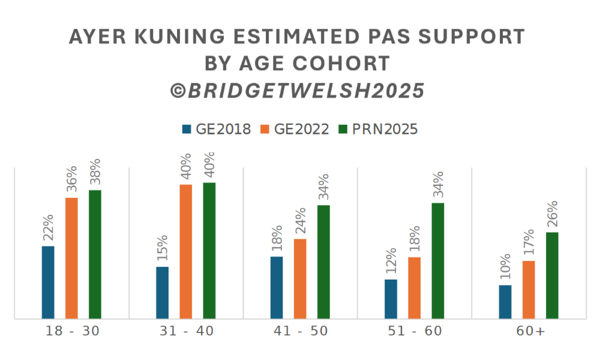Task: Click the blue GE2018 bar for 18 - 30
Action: pos(48,282)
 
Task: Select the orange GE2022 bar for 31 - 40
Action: pos(186,251)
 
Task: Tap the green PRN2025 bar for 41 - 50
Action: pos(323,262)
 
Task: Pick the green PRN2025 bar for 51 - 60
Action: pos(438,260)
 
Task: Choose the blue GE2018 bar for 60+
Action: pos(505,302)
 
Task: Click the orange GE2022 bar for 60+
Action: pos(529,289)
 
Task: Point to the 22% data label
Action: pos(48,229)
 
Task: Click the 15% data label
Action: pos(163,249)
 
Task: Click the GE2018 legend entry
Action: pos(216,129)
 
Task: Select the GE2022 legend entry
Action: pos(295,129)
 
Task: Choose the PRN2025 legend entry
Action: pos(378,129)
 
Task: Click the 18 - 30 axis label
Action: pos(72,332)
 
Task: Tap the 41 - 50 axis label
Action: pos(300,332)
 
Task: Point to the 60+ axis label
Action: pos(529,332)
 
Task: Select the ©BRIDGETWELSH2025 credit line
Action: pos(298,90)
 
